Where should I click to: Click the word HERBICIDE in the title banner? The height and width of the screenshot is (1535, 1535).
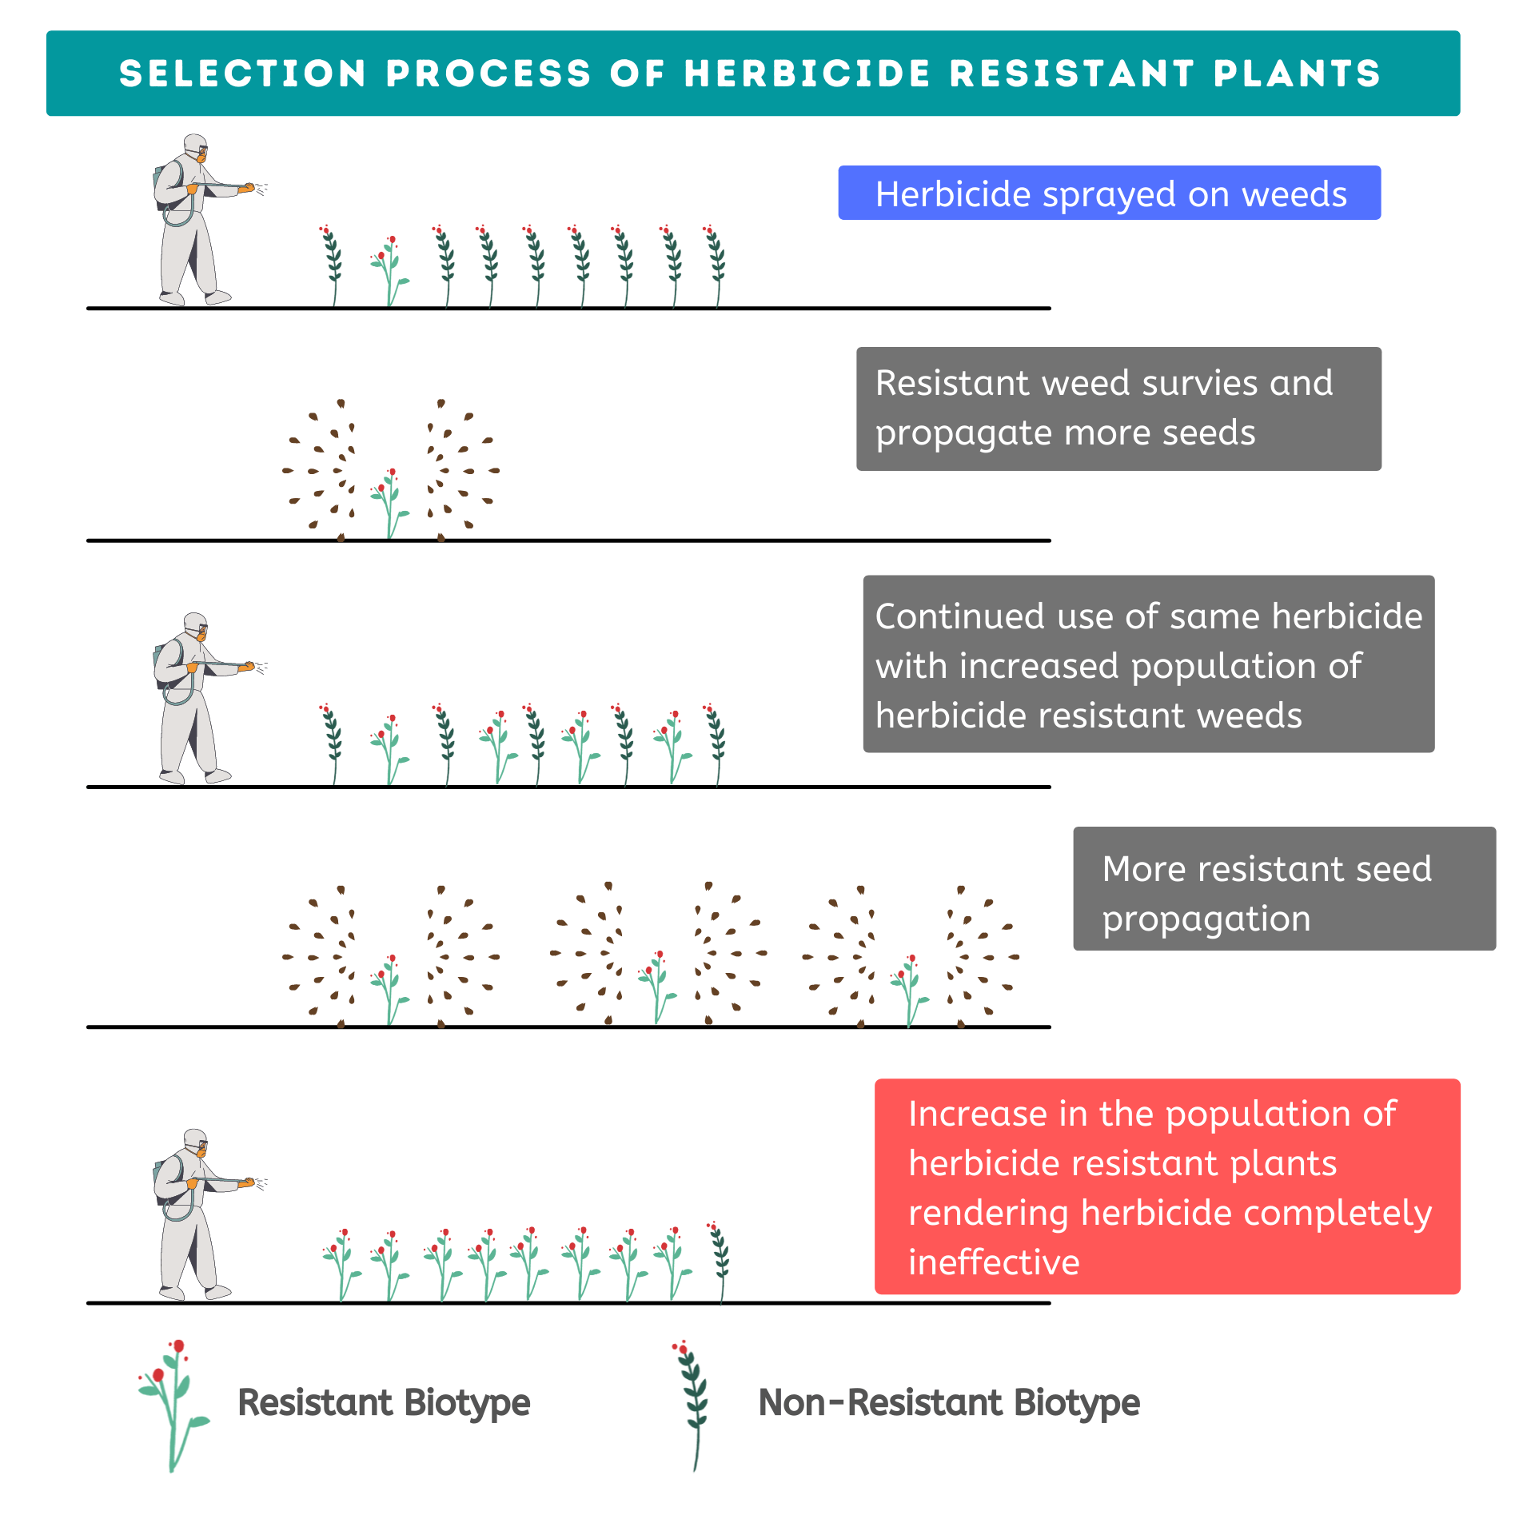(807, 74)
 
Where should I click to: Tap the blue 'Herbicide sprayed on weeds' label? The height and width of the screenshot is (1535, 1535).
(1109, 193)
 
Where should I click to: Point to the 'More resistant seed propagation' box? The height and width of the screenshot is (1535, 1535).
(1283, 888)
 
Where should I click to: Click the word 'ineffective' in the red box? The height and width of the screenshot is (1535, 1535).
(994, 1262)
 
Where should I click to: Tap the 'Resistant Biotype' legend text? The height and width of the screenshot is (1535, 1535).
(384, 1403)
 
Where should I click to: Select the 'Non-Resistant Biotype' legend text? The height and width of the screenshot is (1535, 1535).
(949, 1403)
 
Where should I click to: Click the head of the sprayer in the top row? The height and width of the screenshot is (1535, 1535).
(195, 147)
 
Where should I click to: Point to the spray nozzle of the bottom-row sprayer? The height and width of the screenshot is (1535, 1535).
(250, 1181)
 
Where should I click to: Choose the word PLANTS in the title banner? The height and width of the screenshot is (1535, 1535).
(1296, 74)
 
